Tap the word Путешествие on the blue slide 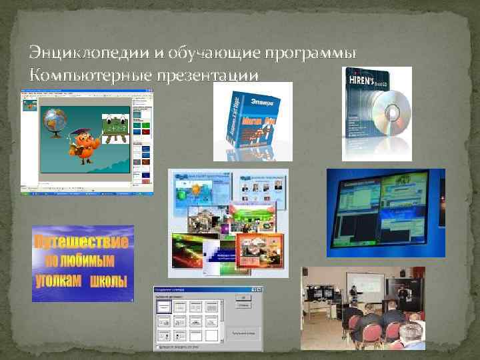coord(82,240)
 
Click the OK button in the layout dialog coord(245,298)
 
